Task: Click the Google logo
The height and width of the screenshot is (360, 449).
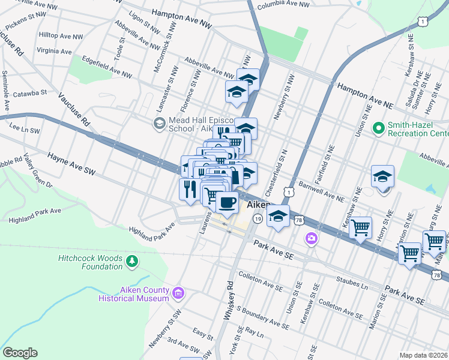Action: (20, 353)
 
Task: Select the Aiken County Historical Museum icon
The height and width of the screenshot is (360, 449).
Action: (178, 293)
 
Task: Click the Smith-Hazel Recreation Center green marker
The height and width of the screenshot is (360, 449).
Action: (378, 128)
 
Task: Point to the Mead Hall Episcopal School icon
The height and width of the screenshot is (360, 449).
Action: (159, 124)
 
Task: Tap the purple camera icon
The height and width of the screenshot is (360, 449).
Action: (311, 238)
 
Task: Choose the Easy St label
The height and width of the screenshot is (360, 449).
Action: (203, 331)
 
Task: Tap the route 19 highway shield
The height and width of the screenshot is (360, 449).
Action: (256, 220)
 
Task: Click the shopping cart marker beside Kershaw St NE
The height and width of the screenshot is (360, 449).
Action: (360, 227)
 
